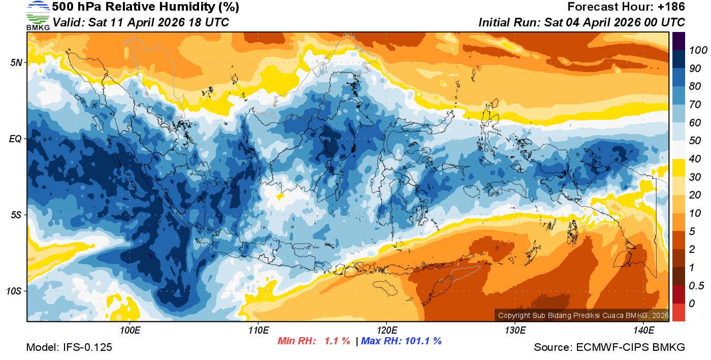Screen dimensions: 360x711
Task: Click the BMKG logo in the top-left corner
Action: click(38, 15)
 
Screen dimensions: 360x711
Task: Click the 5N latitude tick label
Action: click(16, 62)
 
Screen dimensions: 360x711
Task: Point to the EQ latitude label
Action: click(15, 138)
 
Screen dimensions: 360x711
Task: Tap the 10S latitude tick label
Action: click(14, 291)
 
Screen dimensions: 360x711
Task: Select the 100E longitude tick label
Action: click(130, 331)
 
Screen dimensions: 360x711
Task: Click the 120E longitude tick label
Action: click(386, 331)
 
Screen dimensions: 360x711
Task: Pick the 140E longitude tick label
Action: click(643, 331)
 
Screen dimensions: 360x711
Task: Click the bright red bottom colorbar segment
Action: click(678, 312)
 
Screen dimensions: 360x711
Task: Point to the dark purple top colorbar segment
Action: click(678, 41)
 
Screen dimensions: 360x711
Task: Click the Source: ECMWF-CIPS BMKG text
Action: click(609, 347)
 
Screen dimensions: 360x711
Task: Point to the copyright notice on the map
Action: click(583, 315)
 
